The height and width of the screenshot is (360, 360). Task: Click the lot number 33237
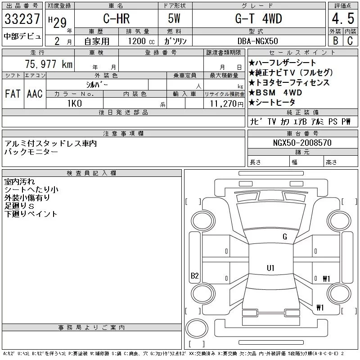coord(22,19)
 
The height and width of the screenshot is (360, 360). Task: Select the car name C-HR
coord(117,18)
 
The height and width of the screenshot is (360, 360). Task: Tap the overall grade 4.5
coord(343,18)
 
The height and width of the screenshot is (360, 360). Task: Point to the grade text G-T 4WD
coord(258,18)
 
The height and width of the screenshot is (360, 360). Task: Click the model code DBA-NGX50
coord(257,41)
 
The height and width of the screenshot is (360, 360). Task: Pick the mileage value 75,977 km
coord(49,64)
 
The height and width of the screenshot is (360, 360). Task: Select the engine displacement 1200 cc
coord(141,41)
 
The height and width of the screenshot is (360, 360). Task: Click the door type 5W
coord(174,18)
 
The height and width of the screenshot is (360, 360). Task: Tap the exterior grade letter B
coord(336,40)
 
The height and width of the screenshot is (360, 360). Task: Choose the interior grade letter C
coord(350,40)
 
